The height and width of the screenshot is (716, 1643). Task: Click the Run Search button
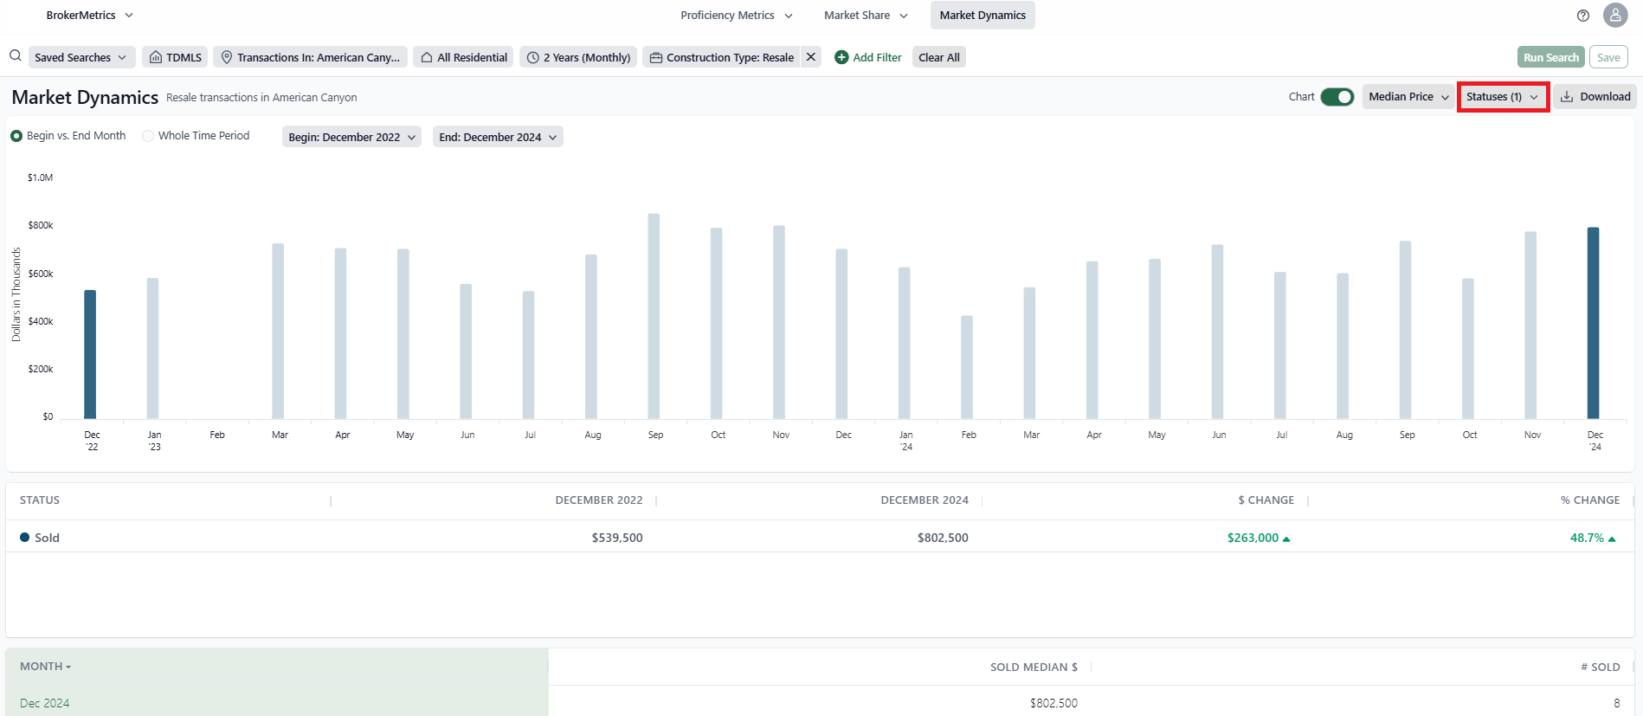pyautogui.click(x=1550, y=57)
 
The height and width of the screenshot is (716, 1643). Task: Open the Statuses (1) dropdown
pyautogui.click(x=1503, y=97)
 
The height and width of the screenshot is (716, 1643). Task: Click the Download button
pyautogui.click(x=1595, y=97)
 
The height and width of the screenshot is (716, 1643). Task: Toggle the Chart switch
pyautogui.click(x=1337, y=97)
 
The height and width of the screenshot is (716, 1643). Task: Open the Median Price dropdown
pyautogui.click(x=1408, y=97)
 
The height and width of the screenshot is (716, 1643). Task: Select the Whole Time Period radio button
pyautogui.click(x=149, y=136)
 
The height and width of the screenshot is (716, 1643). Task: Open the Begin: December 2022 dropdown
pyautogui.click(x=351, y=137)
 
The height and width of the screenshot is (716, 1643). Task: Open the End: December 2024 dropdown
pyautogui.click(x=498, y=137)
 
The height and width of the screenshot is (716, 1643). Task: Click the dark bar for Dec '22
pyautogui.click(x=90, y=355)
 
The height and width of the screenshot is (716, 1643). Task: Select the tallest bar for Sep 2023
pyautogui.click(x=654, y=317)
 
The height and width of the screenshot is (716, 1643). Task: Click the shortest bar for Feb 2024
pyautogui.click(x=967, y=368)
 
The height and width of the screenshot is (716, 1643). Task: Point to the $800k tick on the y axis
pyautogui.click(x=41, y=225)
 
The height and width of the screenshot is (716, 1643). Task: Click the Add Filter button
pyautogui.click(x=867, y=57)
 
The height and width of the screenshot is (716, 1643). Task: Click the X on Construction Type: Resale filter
pyautogui.click(x=811, y=57)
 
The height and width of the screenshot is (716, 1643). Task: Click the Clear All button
pyautogui.click(x=938, y=57)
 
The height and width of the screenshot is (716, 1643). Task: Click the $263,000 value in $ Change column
pyautogui.click(x=1253, y=538)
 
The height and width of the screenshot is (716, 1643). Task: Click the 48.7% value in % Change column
pyautogui.click(x=1587, y=538)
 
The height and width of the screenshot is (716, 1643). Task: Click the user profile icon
pyautogui.click(x=1615, y=16)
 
